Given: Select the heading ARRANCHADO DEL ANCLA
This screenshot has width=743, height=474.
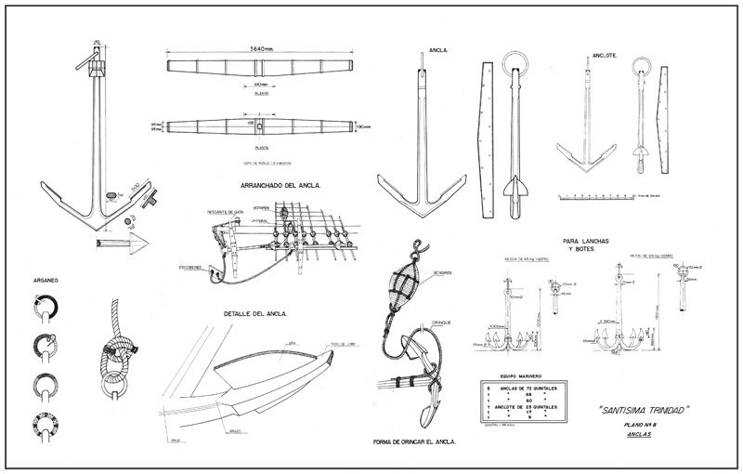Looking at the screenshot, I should pos(270,185).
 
